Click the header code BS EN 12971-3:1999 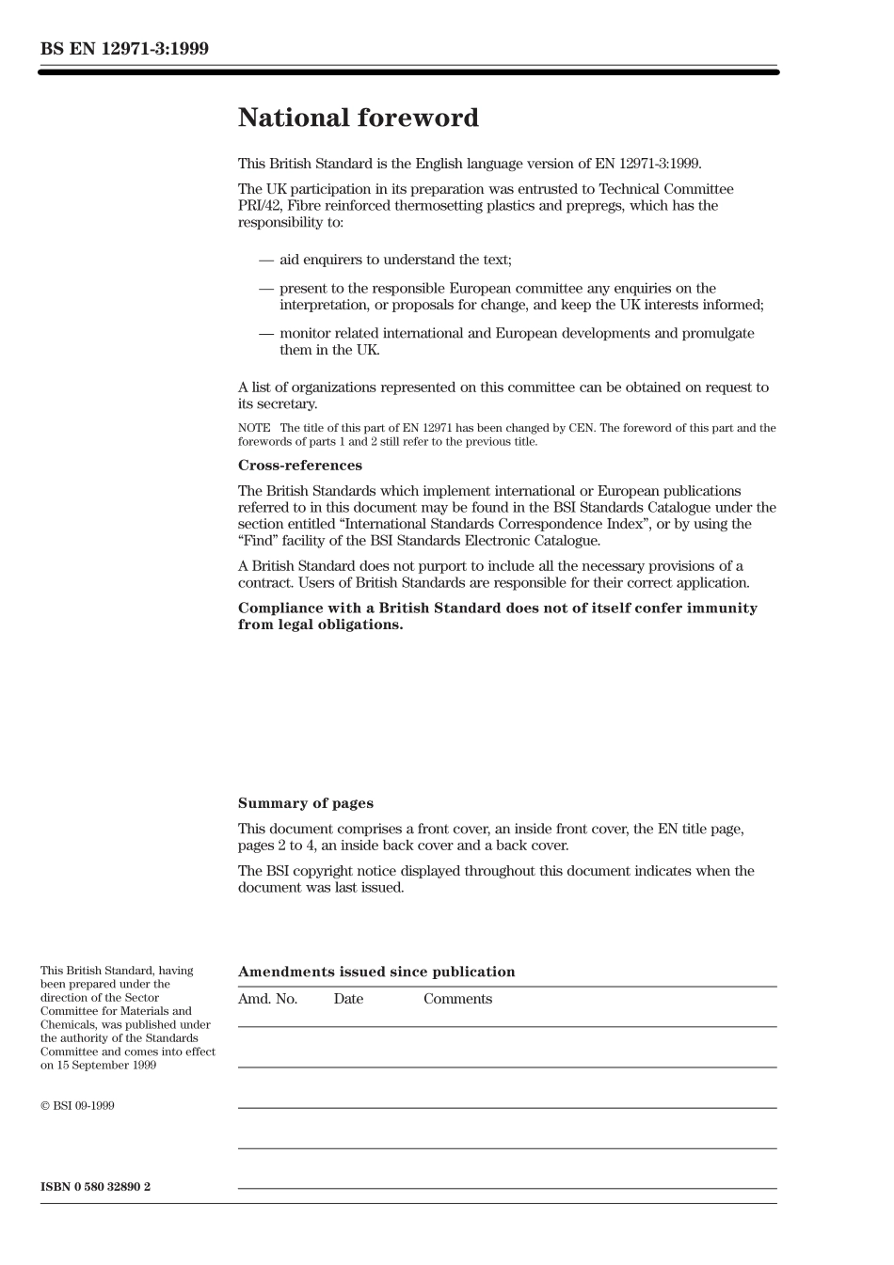(124, 49)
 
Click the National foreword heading (358, 118)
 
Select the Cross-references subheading (299, 466)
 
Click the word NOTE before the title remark (254, 428)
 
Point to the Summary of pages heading (305, 803)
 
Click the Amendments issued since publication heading (376, 972)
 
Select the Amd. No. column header (267, 999)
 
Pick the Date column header (347, 999)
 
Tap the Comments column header (457, 999)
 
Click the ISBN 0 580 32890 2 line (95, 1187)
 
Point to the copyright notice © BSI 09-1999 (77, 1106)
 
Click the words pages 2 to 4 (277, 846)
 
